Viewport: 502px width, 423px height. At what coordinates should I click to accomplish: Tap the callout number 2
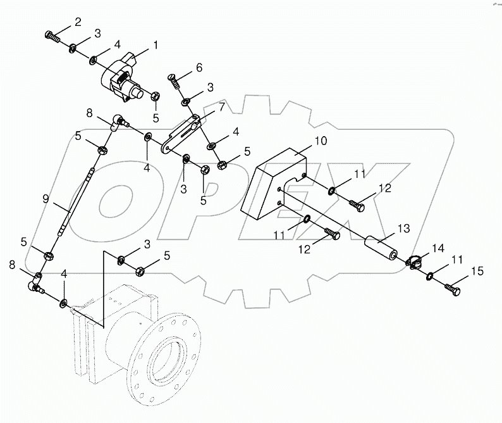click(78, 23)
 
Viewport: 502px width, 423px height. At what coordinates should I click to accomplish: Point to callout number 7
click(222, 107)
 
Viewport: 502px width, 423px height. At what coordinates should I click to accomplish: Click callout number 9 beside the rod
click(46, 199)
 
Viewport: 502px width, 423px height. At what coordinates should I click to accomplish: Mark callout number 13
click(403, 227)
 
